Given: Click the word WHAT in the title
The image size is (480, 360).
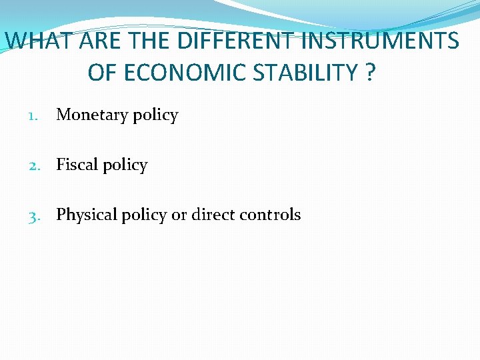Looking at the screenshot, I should [41, 41].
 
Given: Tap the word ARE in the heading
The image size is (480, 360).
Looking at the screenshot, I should [103, 41].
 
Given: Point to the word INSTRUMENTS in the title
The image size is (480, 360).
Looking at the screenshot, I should [380, 41].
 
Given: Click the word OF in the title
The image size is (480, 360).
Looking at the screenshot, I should [103, 73].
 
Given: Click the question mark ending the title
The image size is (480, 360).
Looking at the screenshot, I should [370, 73].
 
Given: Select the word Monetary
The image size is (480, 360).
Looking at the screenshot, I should [92, 115].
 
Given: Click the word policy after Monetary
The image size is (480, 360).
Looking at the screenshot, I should [155, 115].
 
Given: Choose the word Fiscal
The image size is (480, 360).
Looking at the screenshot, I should [77, 165].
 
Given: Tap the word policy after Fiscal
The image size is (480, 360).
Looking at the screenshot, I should [124, 165].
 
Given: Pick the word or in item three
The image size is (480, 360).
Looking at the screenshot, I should [179, 215].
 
